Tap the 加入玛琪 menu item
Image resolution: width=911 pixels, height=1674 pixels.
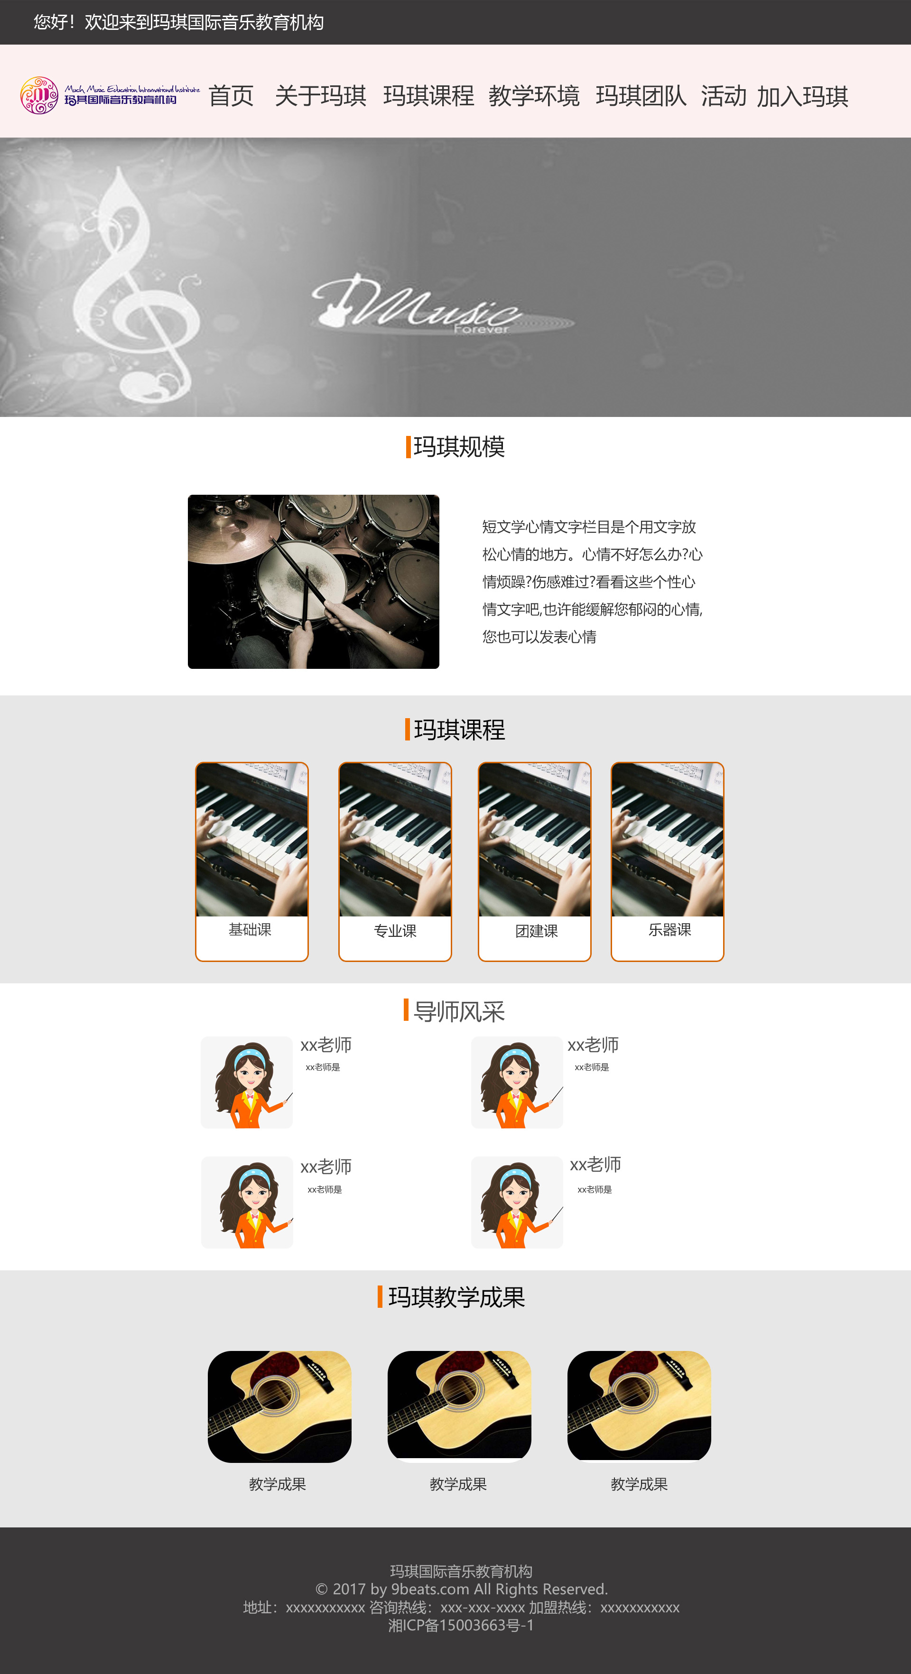coord(802,96)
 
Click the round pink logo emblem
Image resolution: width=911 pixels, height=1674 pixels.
coord(39,95)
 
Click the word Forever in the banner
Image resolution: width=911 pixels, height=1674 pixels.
coord(482,330)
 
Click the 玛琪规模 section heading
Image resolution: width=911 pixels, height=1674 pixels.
coord(459,447)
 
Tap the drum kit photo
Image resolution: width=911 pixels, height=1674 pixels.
coord(313,582)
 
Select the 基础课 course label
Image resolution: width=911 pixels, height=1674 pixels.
coord(250,930)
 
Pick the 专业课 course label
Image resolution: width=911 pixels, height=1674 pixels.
coord(395,931)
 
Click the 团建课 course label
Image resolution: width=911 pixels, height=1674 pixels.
coord(536,931)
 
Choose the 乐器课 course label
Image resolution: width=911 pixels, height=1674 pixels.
coord(669,930)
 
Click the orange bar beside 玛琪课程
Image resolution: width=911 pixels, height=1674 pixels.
coord(408,729)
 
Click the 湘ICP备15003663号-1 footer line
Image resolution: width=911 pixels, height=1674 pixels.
coord(461,1625)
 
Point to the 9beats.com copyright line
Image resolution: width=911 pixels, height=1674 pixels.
coord(461,1589)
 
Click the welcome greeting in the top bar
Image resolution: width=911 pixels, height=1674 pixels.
coord(179,23)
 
